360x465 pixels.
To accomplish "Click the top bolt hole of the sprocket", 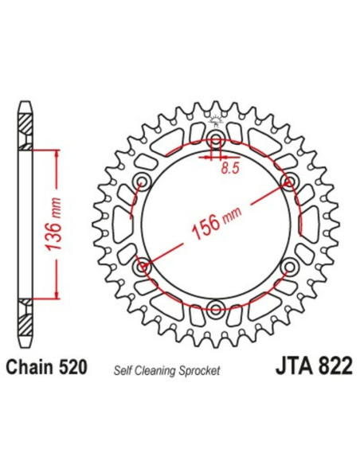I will [x=216, y=144].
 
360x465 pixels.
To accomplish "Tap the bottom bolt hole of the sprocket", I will [x=216, y=307].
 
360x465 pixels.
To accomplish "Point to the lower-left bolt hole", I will [x=144, y=267].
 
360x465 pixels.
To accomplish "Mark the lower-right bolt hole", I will [x=288, y=267].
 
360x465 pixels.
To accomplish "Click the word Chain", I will [x=30, y=369].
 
